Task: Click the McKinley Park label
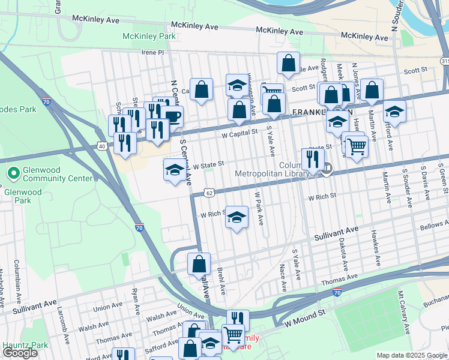tap(149, 37)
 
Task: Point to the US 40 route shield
tap(103, 146)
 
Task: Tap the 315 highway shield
tap(444, 61)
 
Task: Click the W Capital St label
tap(240, 131)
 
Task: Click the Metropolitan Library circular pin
tap(326, 170)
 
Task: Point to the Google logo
tap(20, 353)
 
